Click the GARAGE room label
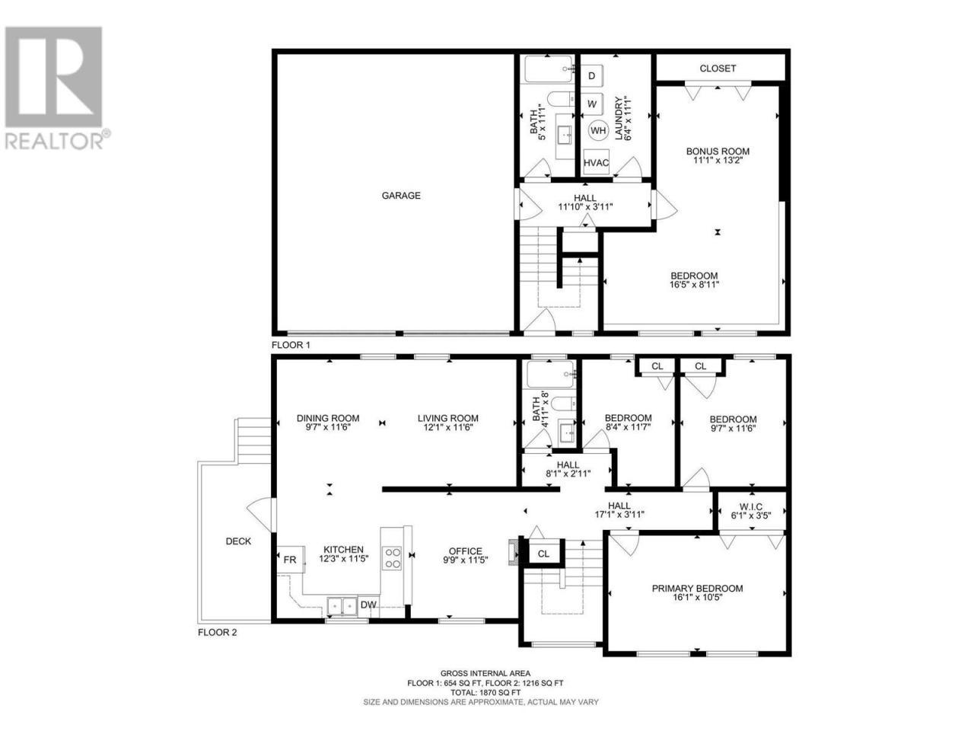tap(401, 195)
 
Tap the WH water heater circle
tap(597, 130)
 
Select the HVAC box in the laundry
tap(596, 163)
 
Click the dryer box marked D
tap(591, 76)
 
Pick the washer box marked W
tap(591, 104)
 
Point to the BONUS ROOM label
tap(718, 152)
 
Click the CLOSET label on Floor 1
tap(718, 69)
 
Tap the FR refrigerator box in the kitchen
tap(290, 559)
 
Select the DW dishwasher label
tap(368, 605)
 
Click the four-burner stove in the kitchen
tap(392, 558)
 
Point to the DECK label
tap(238, 541)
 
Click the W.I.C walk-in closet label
tap(751, 506)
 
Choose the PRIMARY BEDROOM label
tap(697, 589)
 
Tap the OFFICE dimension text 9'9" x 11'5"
tap(466, 560)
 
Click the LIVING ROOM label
tap(447, 418)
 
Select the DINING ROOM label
tap(328, 418)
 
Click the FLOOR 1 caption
tap(291, 345)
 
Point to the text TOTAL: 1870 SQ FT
tap(485, 692)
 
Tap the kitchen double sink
tap(342, 605)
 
